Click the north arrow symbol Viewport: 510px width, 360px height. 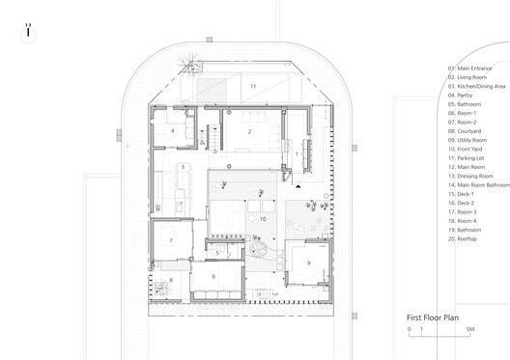click(x=30, y=30)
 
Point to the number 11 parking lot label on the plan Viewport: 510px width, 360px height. click(x=253, y=87)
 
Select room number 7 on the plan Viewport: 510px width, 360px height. click(x=170, y=240)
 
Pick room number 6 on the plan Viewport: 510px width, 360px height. click(x=215, y=277)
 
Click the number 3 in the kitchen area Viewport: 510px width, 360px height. click(x=182, y=167)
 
